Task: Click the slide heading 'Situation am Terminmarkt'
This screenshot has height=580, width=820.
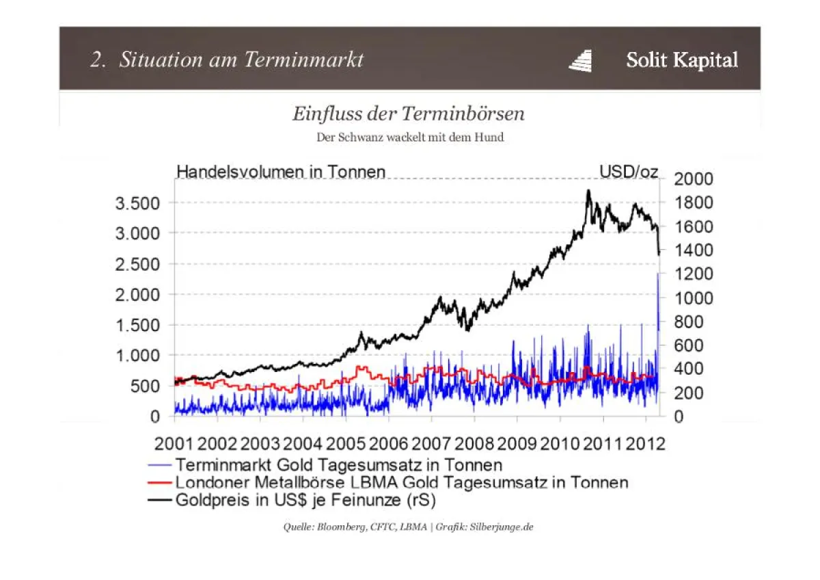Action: (x=241, y=60)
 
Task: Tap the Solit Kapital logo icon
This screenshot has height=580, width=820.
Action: (x=580, y=60)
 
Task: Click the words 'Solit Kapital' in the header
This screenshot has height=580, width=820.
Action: (x=682, y=60)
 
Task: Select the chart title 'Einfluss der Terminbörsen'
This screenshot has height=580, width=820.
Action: (x=409, y=113)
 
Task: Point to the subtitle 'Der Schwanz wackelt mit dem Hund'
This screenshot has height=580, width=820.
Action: (x=410, y=137)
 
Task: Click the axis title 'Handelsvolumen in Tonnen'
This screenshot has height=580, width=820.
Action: (x=281, y=171)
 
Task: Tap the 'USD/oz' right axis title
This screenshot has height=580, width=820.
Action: (x=629, y=171)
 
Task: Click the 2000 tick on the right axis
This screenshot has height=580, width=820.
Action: (x=694, y=179)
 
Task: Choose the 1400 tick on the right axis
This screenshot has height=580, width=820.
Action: (x=694, y=250)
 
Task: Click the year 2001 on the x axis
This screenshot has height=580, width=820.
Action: (x=174, y=444)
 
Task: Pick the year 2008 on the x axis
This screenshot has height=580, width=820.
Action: (x=474, y=444)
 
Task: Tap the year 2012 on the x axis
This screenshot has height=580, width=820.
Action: (x=646, y=444)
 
